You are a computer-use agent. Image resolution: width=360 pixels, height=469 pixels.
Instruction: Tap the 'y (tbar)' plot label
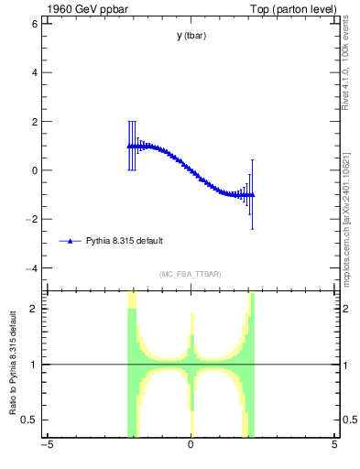pos(191,36)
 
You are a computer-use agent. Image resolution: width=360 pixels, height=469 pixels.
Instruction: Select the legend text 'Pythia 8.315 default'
pos(125,241)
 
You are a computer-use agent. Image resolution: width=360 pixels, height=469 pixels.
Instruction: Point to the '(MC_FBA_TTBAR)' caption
pos(191,274)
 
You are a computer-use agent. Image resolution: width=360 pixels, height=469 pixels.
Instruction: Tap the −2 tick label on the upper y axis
pos(31,219)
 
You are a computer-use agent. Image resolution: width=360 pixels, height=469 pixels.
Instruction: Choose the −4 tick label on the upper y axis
pos(31,268)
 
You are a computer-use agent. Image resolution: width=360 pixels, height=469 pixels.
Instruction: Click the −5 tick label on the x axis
pos(47,446)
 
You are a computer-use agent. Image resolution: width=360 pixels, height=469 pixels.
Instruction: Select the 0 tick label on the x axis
pos(191,446)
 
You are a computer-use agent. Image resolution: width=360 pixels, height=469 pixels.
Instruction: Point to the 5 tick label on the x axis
pos(334,446)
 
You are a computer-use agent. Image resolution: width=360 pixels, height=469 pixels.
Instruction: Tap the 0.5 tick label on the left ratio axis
pos(28,420)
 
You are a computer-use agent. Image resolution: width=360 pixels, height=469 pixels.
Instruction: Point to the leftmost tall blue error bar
pos(129,146)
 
